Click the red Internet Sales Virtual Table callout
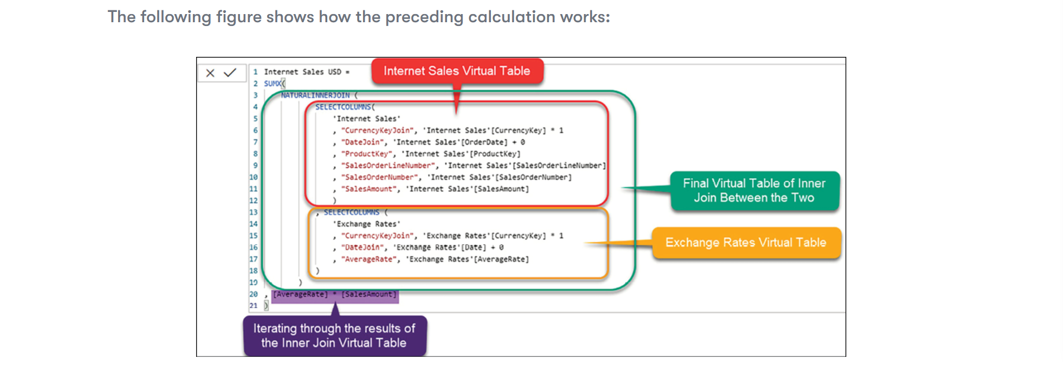coord(457,71)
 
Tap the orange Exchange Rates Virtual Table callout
coord(746,243)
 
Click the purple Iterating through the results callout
coord(334,336)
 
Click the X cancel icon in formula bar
coord(211,73)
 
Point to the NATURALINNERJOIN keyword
coord(315,95)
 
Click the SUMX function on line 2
coord(273,83)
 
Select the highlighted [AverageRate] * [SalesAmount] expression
coord(334,295)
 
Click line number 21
coord(254,306)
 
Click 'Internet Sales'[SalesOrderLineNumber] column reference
coord(524,166)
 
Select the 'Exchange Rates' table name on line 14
coord(367,224)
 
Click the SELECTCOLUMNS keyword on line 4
coord(343,107)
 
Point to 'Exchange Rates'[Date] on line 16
coord(439,247)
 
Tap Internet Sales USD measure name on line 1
coord(302,72)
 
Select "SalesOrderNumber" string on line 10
coord(379,178)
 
